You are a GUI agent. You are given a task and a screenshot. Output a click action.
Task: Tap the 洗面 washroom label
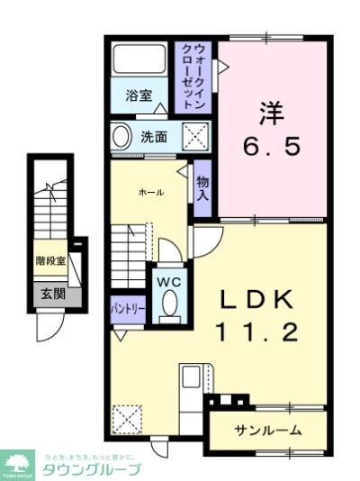[153, 138]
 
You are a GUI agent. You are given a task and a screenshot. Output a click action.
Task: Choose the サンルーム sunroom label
[267, 430]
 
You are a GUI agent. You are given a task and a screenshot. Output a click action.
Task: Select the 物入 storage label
[203, 187]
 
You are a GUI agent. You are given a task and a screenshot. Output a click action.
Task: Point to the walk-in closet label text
[199, 76]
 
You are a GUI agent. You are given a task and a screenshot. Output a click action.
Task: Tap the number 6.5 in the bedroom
[274, 145]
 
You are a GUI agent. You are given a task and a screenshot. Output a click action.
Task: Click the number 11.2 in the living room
[255, 332]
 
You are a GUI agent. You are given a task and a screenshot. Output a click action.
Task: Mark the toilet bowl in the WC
[167, 305]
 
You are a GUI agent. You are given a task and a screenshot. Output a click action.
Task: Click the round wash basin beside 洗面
[121, 138]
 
